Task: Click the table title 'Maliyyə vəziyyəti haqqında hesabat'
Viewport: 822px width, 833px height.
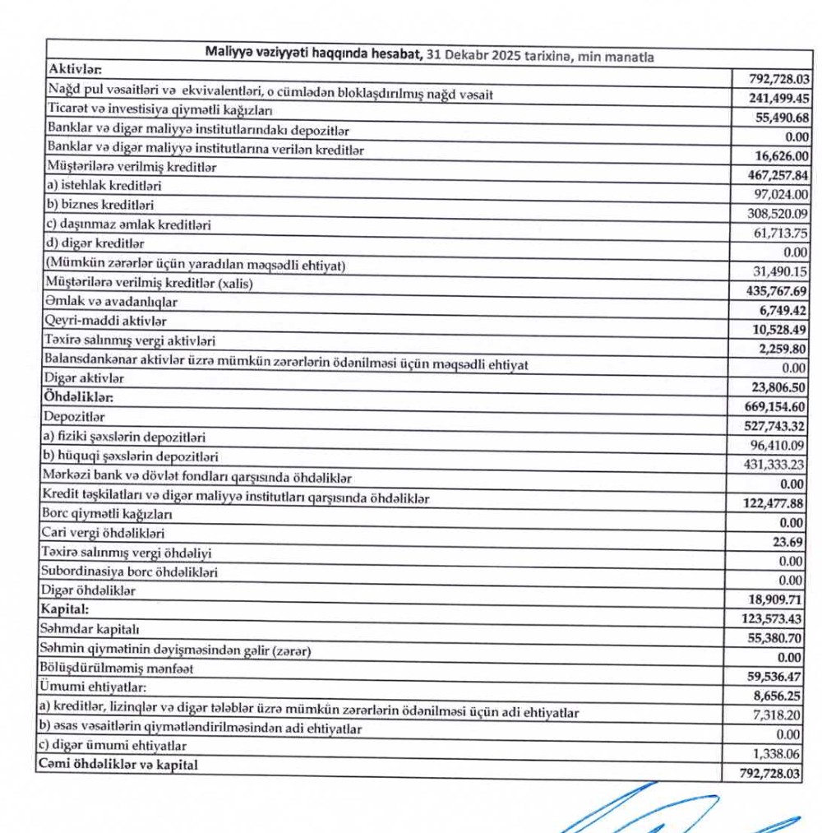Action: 313,54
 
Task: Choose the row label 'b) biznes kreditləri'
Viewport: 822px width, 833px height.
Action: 101,205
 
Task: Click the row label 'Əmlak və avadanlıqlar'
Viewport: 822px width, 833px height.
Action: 113,301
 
